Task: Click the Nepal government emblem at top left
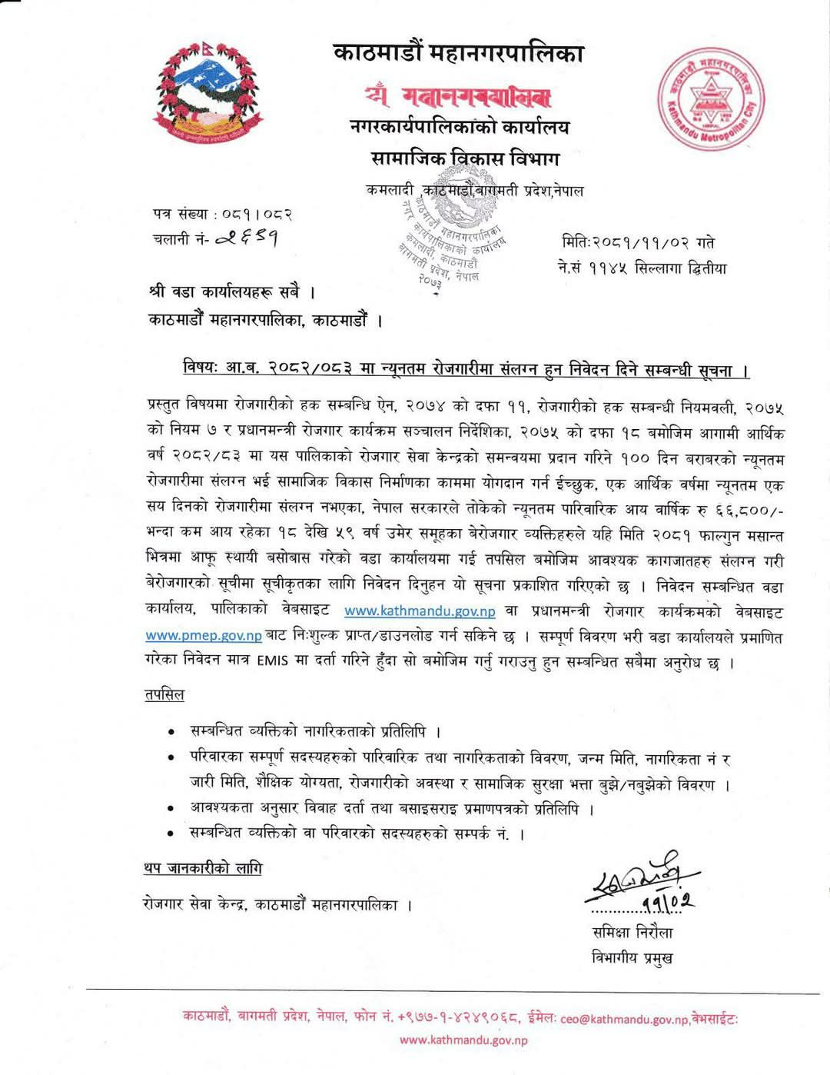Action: (205, 93)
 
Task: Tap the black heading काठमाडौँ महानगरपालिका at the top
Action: (459, 54)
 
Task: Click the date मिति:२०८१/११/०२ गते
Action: (638, 244)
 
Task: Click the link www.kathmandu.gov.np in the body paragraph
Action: (420, 611)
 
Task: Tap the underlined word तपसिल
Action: (164, 694)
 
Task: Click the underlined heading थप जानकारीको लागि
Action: (202, 868)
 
